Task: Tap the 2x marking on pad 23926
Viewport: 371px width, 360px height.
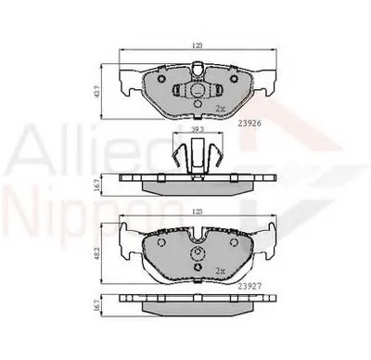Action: click(x=219, y=109)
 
